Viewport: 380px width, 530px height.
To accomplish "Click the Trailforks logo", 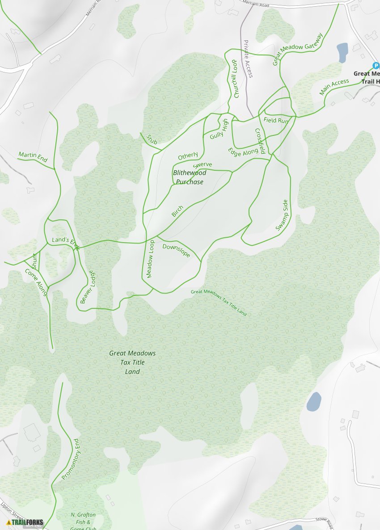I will [25, 522].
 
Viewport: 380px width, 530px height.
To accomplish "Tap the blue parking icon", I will [376, 66].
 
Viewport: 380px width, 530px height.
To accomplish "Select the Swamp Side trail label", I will [283, 215].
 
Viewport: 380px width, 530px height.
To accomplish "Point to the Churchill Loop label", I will [235, 79].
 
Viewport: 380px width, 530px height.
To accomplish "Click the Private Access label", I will [248, 59].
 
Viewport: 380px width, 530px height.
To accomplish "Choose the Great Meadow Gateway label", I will [298, 49].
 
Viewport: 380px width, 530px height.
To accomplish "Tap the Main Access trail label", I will [334, 87].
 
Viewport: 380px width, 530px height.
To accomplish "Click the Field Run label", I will [276, 120].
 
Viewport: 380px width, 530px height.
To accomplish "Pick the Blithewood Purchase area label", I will [190, 177].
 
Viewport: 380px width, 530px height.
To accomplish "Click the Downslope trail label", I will [176, 251].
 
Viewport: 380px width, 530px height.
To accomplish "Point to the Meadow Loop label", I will [150, 259].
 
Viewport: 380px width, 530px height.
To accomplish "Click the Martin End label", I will [33, 157].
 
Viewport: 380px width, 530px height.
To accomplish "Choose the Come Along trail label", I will [36, 282].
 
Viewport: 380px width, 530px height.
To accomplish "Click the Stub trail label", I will [152, 139].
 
